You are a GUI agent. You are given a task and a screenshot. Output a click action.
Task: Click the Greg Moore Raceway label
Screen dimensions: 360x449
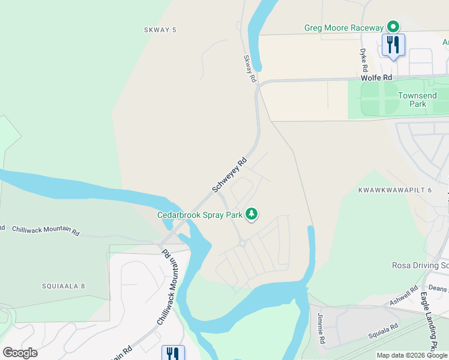point(343,28)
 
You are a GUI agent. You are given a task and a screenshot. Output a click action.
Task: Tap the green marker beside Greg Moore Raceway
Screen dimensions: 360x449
point(393,26)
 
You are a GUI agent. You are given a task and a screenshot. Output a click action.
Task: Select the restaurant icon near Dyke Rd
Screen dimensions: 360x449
point(393,44)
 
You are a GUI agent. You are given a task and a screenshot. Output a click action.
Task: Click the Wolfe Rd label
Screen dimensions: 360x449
point(376,78)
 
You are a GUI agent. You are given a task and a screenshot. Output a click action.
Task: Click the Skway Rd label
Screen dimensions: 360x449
point(250,69)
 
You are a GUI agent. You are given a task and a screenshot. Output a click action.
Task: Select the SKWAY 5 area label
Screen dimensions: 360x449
point(161,29)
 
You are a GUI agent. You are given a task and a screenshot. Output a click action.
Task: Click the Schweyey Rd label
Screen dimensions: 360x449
point(229,175)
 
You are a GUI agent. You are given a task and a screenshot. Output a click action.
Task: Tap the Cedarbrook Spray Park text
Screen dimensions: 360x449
point(199,214)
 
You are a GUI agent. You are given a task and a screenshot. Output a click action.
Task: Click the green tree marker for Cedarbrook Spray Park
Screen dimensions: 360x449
point(252,214)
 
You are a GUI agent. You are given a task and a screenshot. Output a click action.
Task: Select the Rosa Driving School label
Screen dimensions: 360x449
point(420,265)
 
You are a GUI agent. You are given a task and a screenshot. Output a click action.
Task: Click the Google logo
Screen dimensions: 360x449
point(20,352)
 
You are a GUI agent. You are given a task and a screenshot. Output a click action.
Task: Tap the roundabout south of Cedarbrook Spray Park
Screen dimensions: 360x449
point(242,244)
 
